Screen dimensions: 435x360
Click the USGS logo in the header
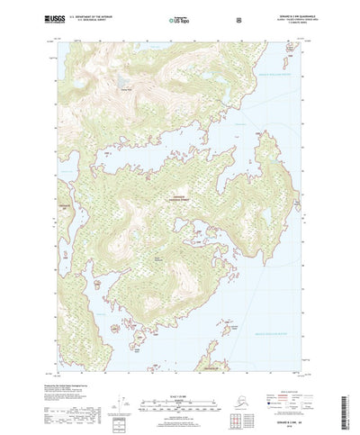pyautogui.click(x=44, y=19)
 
